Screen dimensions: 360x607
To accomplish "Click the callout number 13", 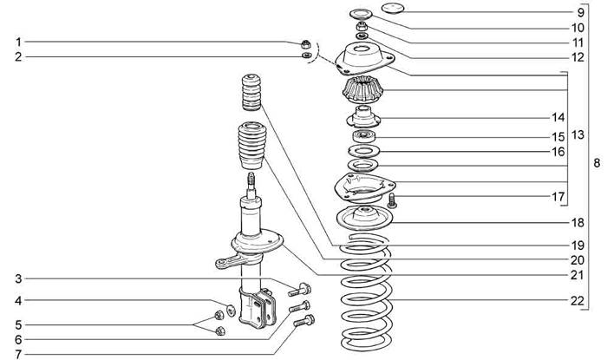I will coord(578,135).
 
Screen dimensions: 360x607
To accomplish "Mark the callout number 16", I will coord(579,151).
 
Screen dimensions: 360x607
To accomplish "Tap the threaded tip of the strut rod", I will coord(251,181).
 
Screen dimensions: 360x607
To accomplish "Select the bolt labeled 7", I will coord(304,322).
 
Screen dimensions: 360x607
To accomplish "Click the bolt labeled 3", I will coord(298,290).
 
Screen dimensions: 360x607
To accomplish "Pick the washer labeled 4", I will coord(231,308).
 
